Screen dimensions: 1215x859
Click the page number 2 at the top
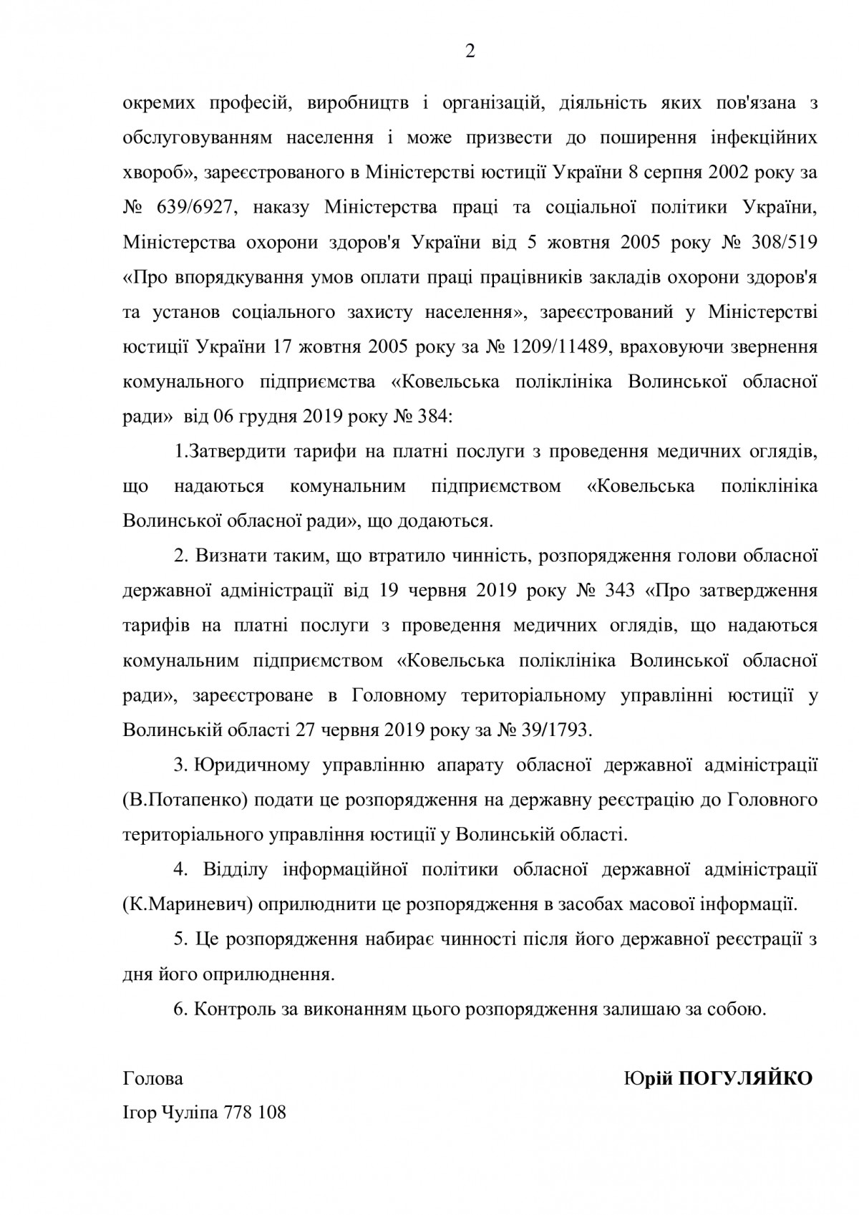[x=470, y=52]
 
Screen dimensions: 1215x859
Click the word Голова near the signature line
[x=153, y=1078]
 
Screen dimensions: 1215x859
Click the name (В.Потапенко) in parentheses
[x=185, y=799]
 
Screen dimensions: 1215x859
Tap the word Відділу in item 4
[x=238, y=869]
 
